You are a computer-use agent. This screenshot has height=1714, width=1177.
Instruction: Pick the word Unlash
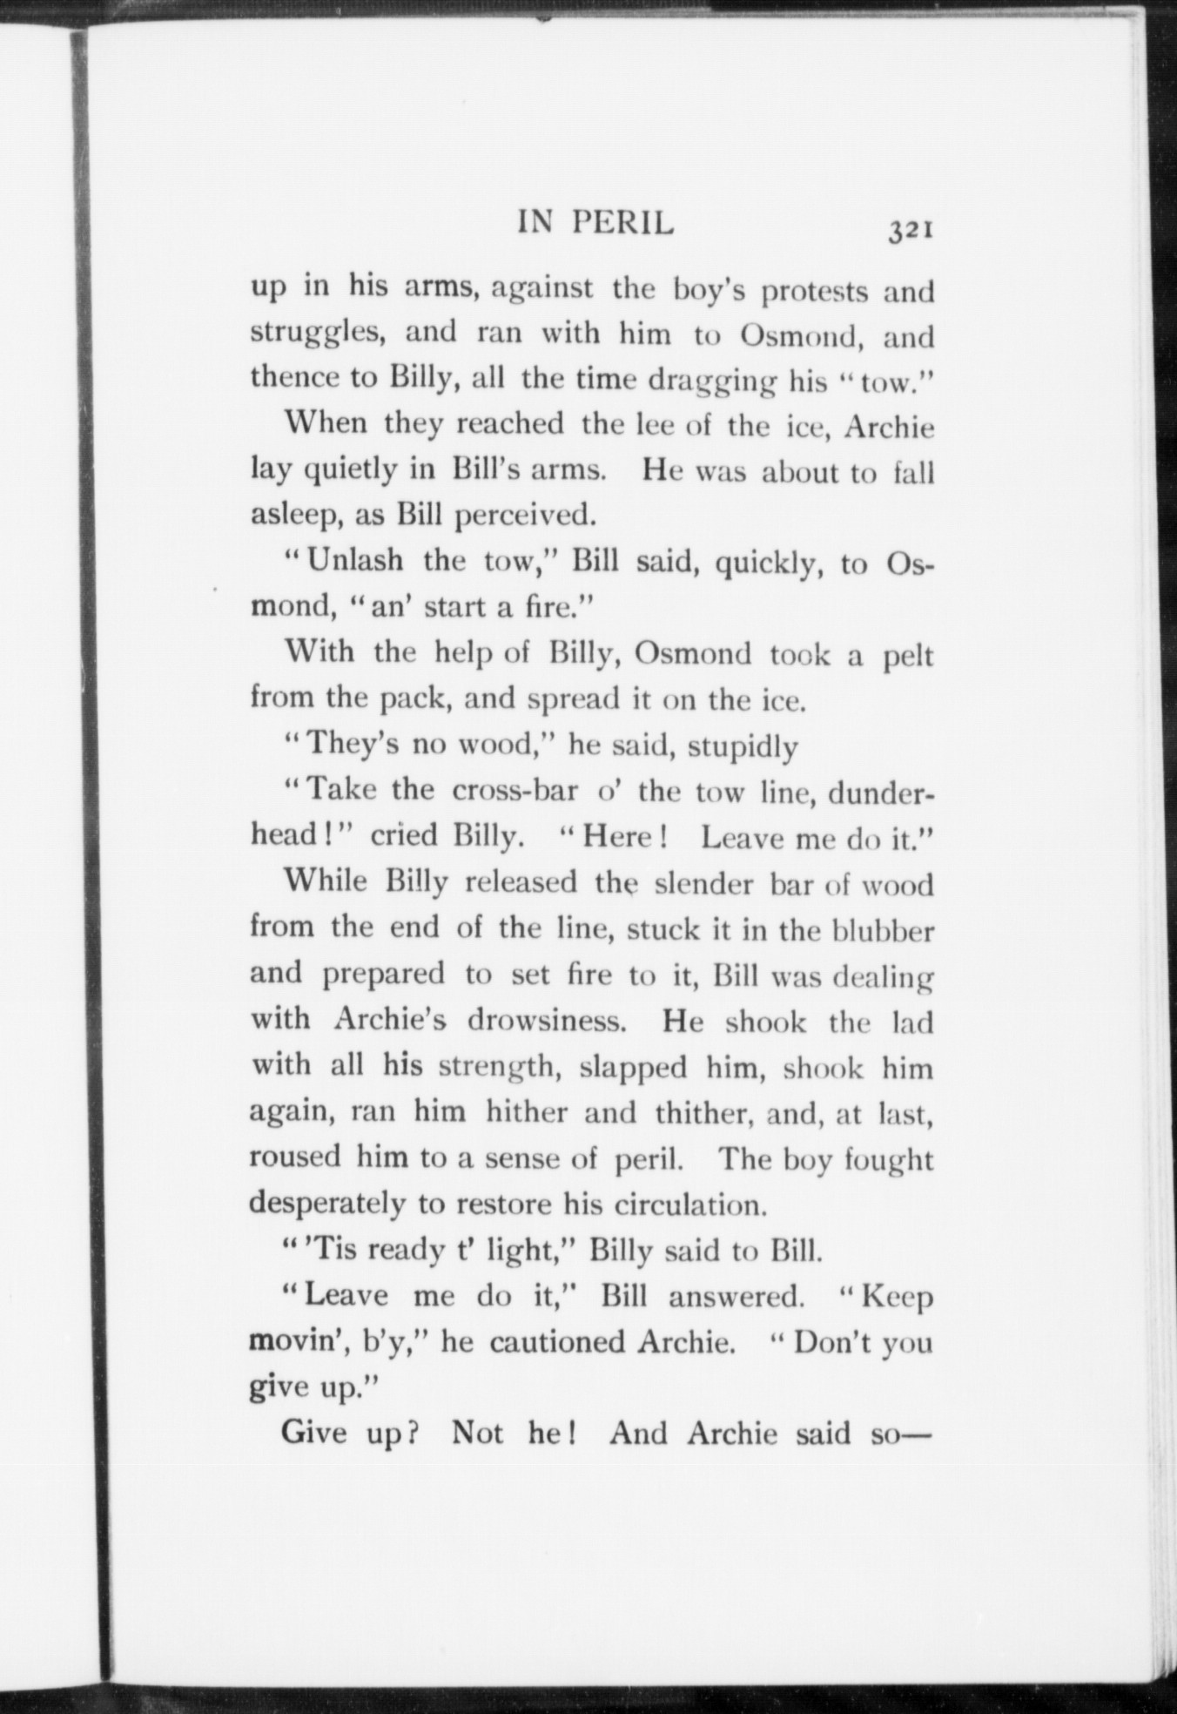pyautogui.click(x=355, y=562)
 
